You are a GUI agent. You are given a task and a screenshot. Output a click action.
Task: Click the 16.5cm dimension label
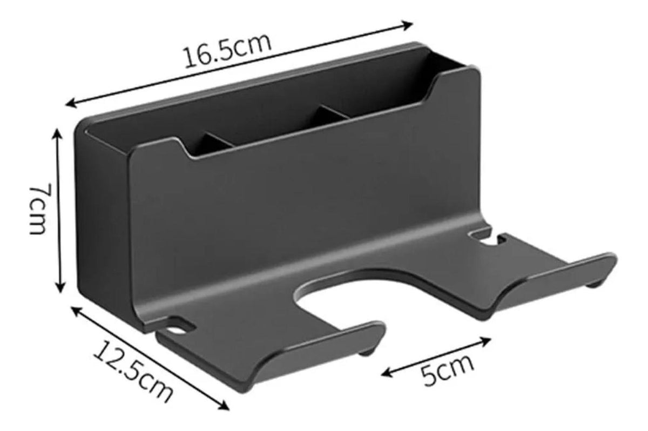(x=228, y=51)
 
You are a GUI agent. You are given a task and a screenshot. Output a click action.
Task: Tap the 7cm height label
(x=38, y=208)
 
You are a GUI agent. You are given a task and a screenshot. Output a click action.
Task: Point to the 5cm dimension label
(x=447, y=371)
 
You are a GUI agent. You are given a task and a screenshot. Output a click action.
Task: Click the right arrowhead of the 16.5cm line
(x=407, y=25)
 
